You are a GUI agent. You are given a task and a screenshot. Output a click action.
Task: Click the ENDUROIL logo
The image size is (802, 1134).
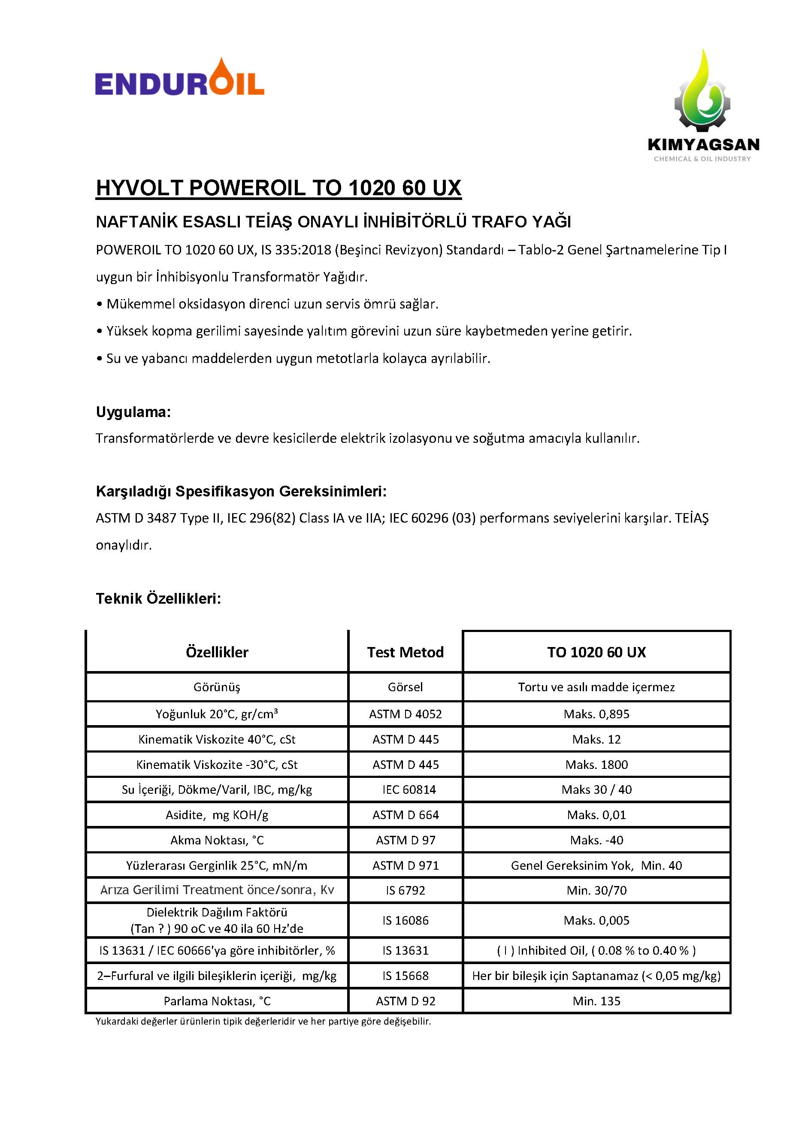pyautogui.click(x=179, y=79)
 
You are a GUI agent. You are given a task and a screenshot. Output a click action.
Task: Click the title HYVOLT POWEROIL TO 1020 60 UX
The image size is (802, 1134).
pyautogui.click(x=278, y=188)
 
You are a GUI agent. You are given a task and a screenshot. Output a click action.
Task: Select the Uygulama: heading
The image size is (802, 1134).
pyautogui.click(x=133, y=412)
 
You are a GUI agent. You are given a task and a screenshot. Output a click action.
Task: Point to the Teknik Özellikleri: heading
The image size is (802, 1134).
pyautogui.click(x=158, y=599)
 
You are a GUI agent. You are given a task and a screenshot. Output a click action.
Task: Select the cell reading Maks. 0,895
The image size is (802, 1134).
pyautogui.click(x=596, y=714)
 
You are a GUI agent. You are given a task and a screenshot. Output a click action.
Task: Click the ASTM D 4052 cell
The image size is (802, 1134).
pyautogui.click(x=405, y=714)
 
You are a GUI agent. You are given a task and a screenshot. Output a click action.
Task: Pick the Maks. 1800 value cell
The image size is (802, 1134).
pyautogui.click(x=596, y=765)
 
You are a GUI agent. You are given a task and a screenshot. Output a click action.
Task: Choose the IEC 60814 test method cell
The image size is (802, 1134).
pyautogui.click(x=409, y=789)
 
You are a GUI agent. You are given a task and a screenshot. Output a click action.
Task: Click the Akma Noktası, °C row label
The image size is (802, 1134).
pyautogui.click(x=217, y=840)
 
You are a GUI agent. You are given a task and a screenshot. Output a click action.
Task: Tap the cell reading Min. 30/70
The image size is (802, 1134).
pyautogui.click(x=596, y=890)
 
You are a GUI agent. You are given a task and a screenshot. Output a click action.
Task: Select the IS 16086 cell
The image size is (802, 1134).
pyautogui.click(x=405, y=920)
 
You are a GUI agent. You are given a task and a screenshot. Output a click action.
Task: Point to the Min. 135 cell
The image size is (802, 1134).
pyautogui.click(x=596, y=1001)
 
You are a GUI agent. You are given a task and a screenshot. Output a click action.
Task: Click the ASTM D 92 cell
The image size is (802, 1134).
pyautogui.click(x=405, y=1001)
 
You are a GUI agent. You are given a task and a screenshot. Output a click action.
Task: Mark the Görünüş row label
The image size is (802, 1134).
pyautogui.click(x=217, y=687)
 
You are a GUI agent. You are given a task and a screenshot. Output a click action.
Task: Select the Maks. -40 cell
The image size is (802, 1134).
pyautogui.click(x=596, y=840)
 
